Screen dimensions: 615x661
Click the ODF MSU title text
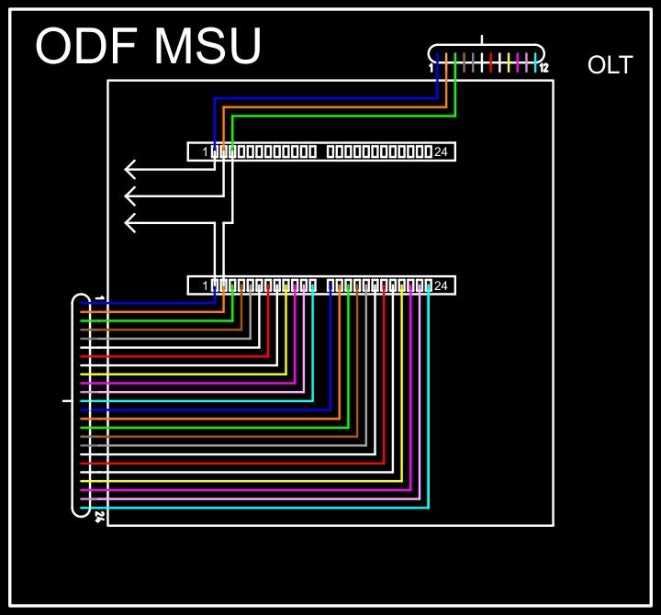point(148,46)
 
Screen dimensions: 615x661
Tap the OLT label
point(610,65)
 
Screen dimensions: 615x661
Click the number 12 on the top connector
point(543,68)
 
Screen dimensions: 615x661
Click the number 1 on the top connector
point(431,68)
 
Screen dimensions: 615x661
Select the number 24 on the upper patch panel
point(441,151)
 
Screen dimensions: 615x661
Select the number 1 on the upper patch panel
point(206,152)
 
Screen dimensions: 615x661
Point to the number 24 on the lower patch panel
point(441,285)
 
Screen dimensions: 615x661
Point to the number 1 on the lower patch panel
point(206,286)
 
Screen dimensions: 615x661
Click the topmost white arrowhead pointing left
point(131,169)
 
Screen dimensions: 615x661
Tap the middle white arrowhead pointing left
point(131,196)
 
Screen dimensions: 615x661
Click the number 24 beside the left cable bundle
point(99,517)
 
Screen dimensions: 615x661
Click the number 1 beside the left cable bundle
point(99,299)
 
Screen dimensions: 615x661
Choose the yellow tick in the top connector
point(509,63)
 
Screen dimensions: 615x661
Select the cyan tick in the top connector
point(535,63)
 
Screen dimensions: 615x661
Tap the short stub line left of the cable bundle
point(66,401)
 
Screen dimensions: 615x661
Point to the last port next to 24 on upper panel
point(429,151)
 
